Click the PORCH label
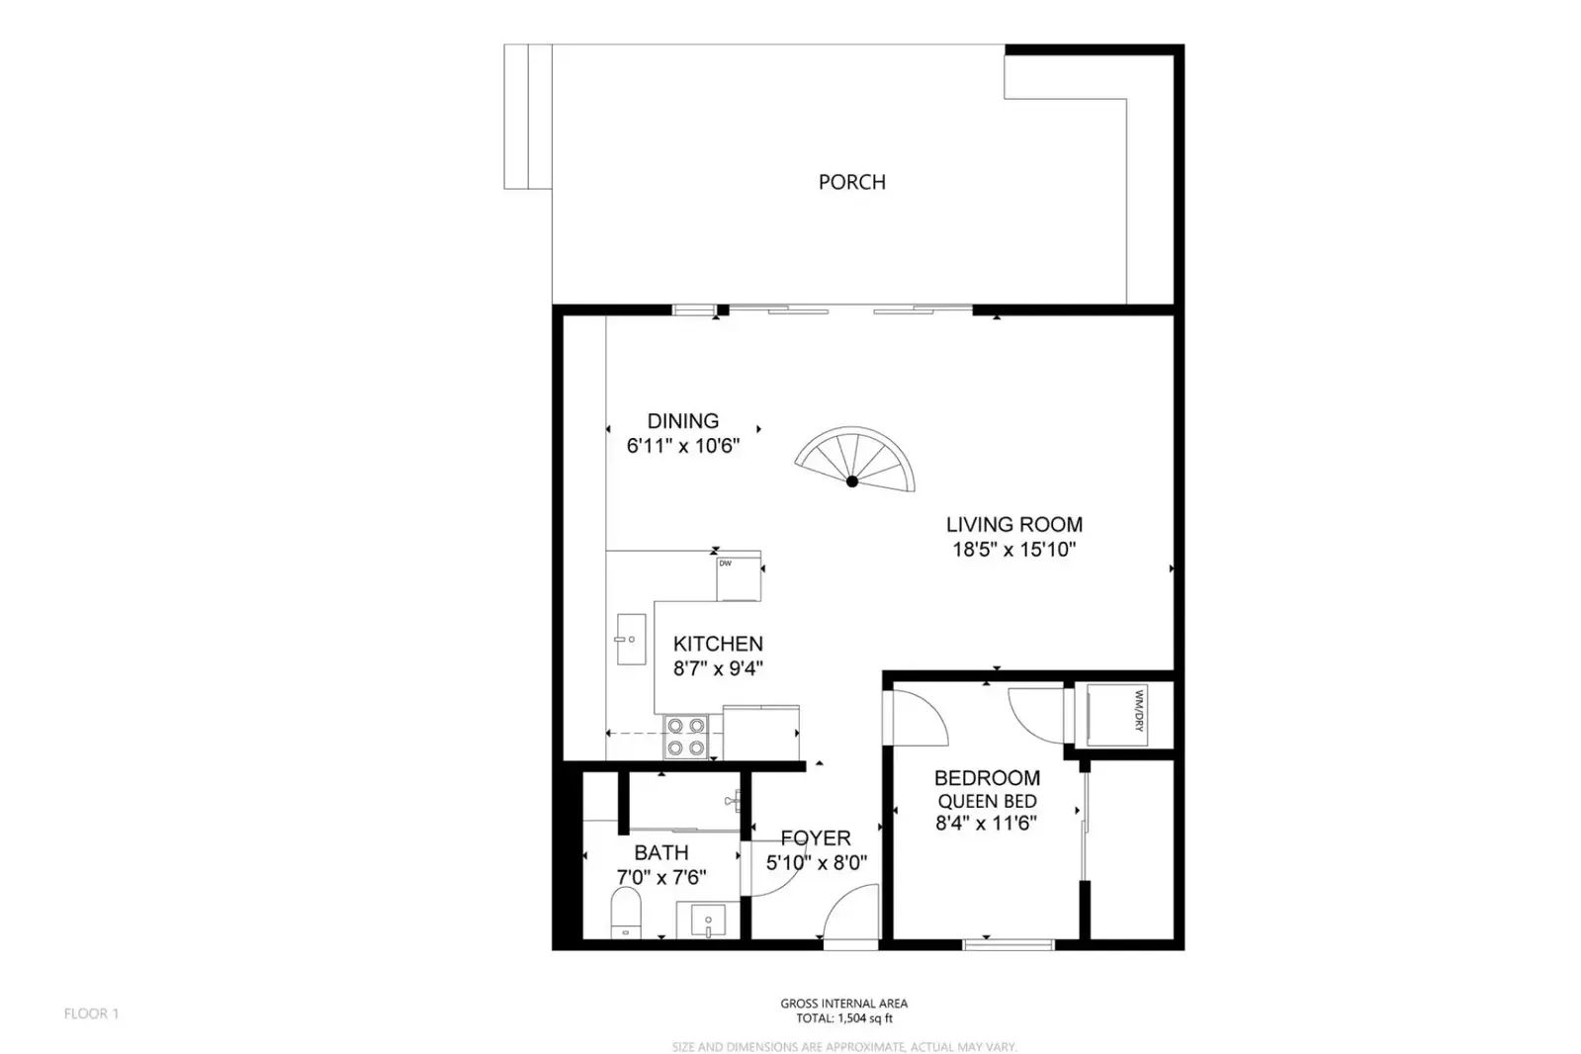[x=852, y=182]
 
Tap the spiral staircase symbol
[x=854, y=459]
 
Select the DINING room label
[x=683, y=421]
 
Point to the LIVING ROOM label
[x=1014, y=525]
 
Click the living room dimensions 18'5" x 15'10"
[x=1014, y=549]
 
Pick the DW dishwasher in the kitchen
[x=739, y=578]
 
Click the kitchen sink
[x=631, y=639]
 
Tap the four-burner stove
[x=686, y=737]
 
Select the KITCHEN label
[x=718, y=644]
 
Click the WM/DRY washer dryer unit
[x=1117, y=715]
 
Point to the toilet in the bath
[x=625, y=914]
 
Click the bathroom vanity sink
[x=708, y=921]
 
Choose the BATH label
[x=661, y=853]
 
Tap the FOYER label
[x=816, y=838]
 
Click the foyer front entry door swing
[x=850, y=915]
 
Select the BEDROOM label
[x=987, y=778]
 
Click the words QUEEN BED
[x=987, y=801]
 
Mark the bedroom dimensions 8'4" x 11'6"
[x=987, y=824]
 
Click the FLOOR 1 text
[x=92, y=1013]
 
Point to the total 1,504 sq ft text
[x=844, y=1018]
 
